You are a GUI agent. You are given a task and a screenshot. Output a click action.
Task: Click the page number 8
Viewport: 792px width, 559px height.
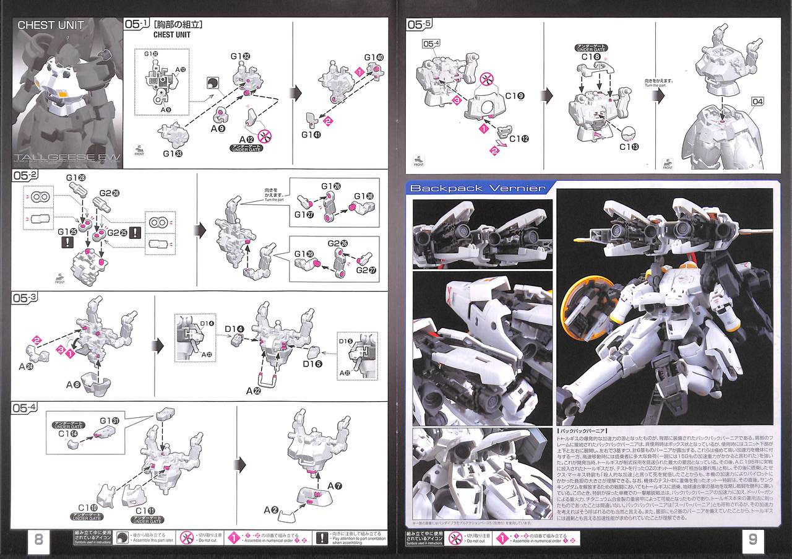(38, 539)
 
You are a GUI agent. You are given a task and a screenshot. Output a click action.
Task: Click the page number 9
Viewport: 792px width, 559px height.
(752, 539)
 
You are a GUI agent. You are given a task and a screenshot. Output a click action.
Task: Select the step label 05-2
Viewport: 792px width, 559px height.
(25, 176)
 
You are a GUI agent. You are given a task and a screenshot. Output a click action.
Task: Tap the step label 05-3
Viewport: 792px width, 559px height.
(25, 298)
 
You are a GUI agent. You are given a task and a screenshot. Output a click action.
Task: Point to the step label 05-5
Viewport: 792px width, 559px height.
(420, 25)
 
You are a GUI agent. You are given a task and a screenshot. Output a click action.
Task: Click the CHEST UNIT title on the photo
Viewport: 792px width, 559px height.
(51, 25)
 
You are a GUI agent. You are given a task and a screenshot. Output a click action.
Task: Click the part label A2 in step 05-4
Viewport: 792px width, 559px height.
(270, 510)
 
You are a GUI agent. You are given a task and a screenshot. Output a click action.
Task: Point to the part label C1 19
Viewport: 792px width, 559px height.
(515, 96)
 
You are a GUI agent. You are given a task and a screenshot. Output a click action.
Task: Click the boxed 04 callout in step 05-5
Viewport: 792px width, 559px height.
(759, 102)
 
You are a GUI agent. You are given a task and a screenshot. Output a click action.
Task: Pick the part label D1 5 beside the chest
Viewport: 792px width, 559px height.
(312, 364)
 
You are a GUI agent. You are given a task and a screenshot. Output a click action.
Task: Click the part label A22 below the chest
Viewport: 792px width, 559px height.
(252, 391)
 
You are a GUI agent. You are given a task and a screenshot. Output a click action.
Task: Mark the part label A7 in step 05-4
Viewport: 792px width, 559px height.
(335, 485)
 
